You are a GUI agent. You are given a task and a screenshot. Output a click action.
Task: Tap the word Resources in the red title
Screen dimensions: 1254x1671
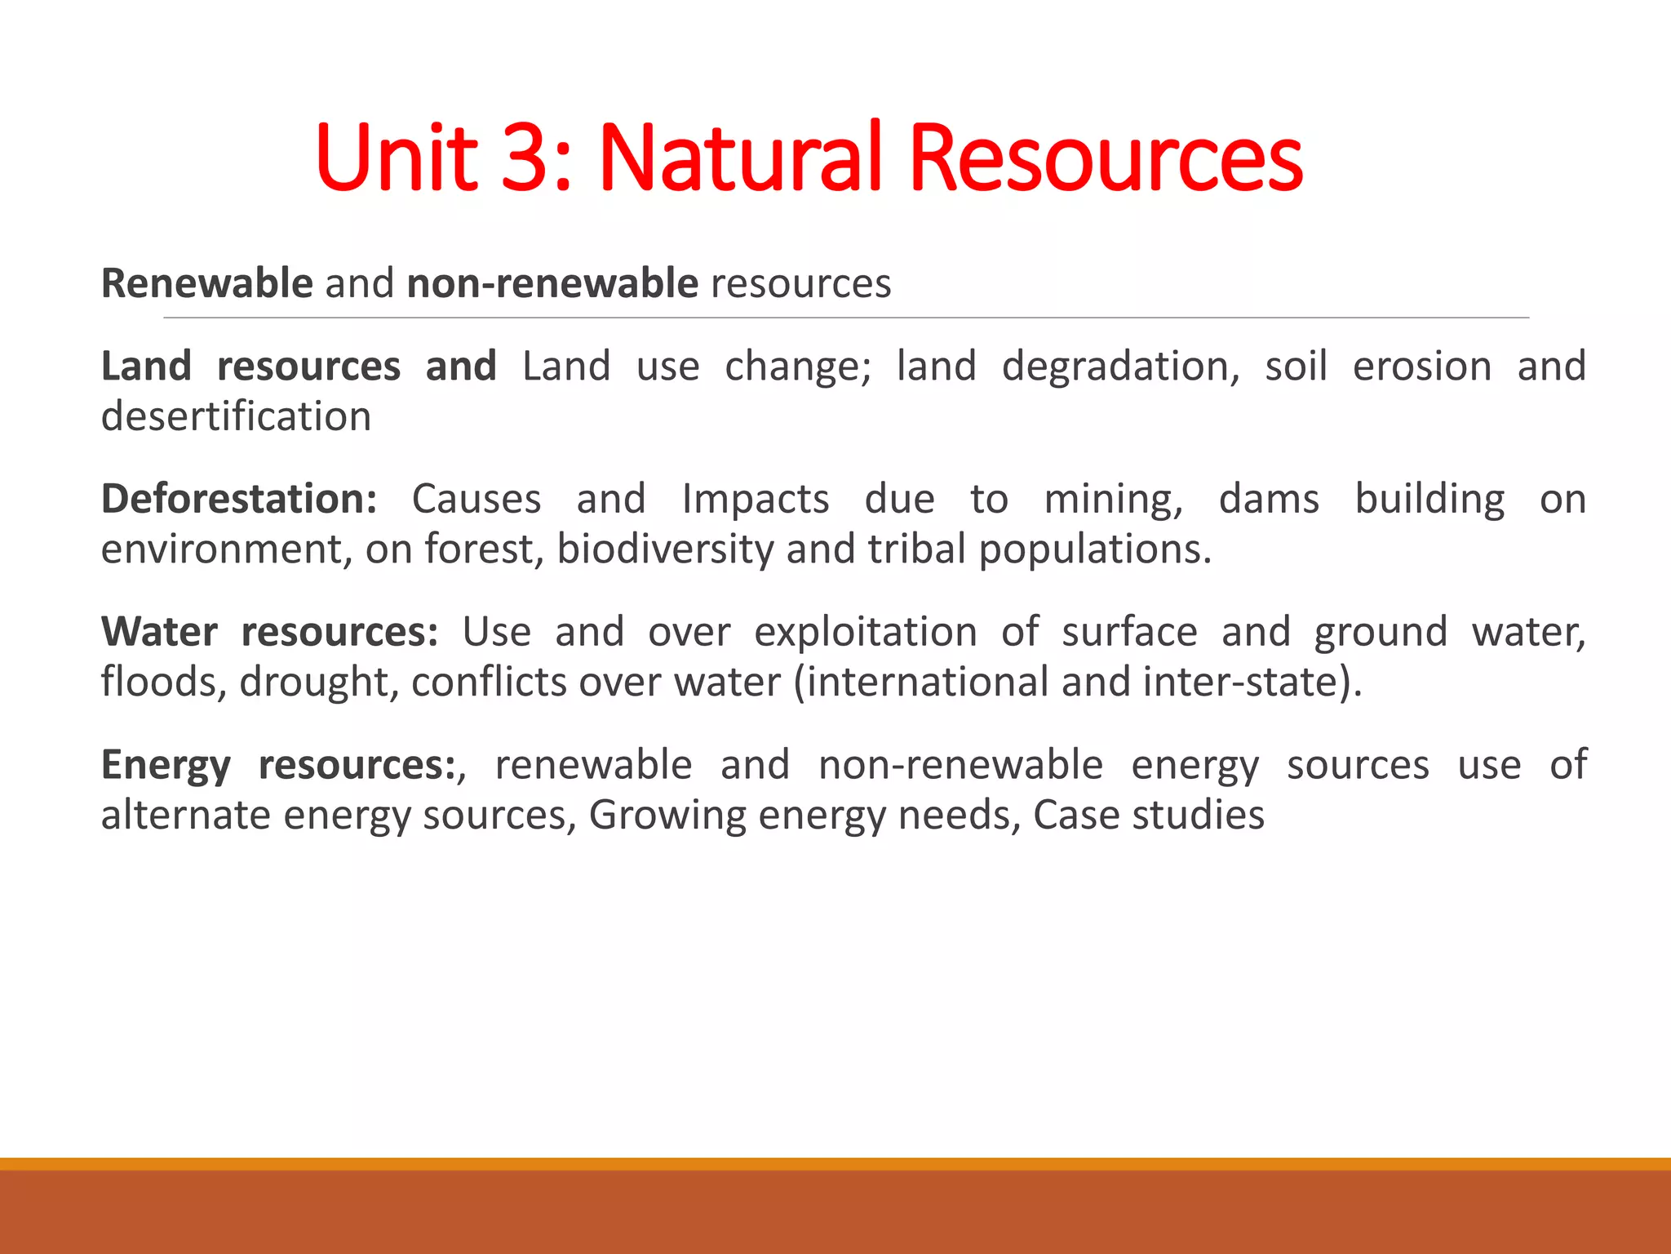point(1105,158)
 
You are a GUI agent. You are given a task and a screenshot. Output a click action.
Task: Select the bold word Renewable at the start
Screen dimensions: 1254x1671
point(206,284)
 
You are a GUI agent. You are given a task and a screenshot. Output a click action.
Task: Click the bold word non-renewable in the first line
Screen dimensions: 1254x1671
point(552,284)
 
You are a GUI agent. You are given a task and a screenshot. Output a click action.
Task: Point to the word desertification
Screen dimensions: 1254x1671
point(236,416)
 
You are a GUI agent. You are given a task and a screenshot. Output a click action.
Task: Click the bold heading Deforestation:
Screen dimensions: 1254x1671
point(239,499)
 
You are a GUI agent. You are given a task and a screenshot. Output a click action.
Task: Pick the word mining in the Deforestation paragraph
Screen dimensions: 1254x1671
point(1113,499)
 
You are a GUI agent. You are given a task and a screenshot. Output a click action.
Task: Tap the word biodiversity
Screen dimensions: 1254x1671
point(665,549)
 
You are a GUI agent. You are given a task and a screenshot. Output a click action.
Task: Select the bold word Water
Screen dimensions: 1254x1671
point(159,632)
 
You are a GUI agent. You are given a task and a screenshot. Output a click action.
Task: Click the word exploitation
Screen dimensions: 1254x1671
point(865,632)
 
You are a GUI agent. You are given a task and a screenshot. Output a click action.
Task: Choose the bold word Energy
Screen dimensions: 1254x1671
point(166,766)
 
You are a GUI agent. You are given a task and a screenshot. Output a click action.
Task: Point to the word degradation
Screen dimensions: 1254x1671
point(1120,367)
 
